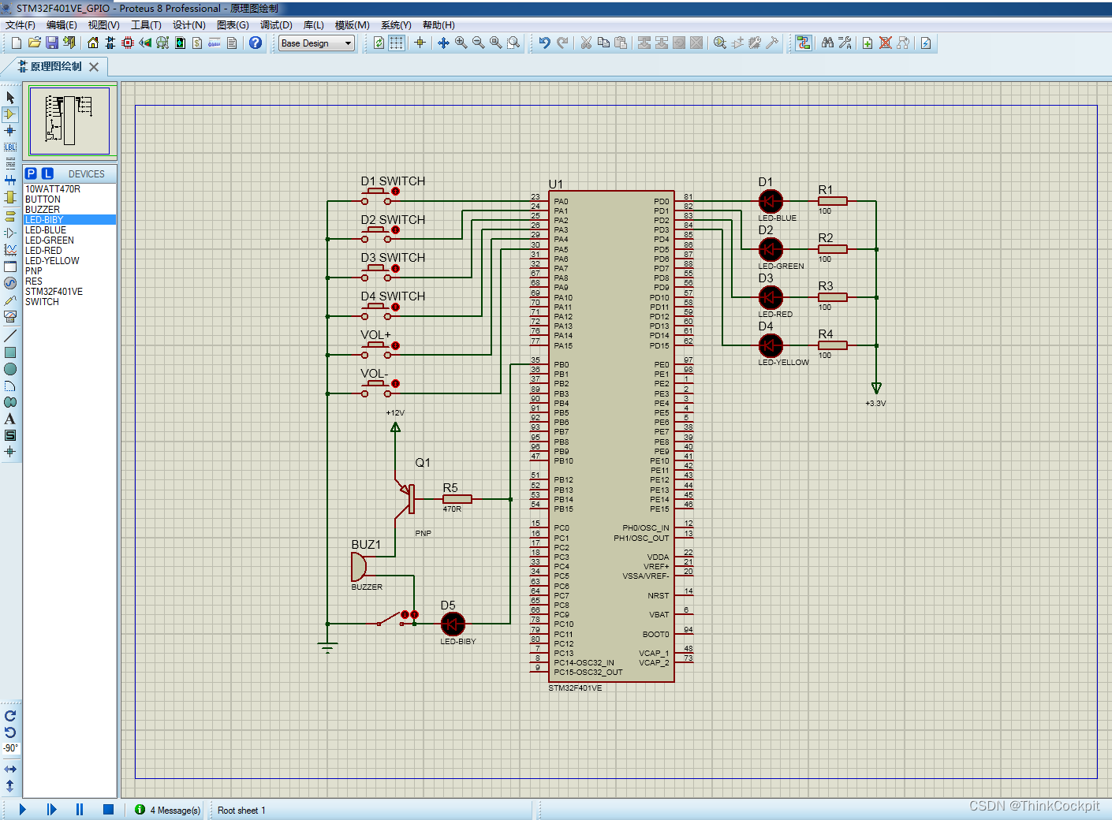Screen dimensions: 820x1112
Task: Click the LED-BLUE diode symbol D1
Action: (x=770, y=201)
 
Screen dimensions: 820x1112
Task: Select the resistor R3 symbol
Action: (x=832, y=297)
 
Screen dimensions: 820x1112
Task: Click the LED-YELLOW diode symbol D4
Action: (x=770, y=345)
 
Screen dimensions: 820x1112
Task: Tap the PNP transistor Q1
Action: (x=408, y=498)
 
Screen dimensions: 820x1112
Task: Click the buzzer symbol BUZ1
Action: (x=359, y=566)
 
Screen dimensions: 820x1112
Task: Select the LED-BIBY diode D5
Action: (x=452, y=624)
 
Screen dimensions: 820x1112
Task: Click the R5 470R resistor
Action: (x=457, y=499)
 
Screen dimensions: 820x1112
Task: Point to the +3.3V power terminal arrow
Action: (x=875, y=388)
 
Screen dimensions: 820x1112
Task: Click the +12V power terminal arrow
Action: (x=395, y=427)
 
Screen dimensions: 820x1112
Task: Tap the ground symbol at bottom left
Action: (x=327, y=647)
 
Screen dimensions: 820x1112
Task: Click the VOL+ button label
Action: (x=375, y=335)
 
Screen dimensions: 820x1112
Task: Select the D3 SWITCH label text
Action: (x=393, y=258)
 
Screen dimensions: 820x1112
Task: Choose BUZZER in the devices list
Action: (x=43, y=210)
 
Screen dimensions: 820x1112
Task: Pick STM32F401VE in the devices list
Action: (x=54, y=292)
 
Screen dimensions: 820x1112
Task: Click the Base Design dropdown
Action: (x=316, y=43)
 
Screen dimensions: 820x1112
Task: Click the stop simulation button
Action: (x=108, y=809)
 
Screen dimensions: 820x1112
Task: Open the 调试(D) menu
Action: (x=276, y=25)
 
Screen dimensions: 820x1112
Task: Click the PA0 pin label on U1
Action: (x=561, y=202)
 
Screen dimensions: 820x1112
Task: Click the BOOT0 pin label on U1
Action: (x=655, y=635)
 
